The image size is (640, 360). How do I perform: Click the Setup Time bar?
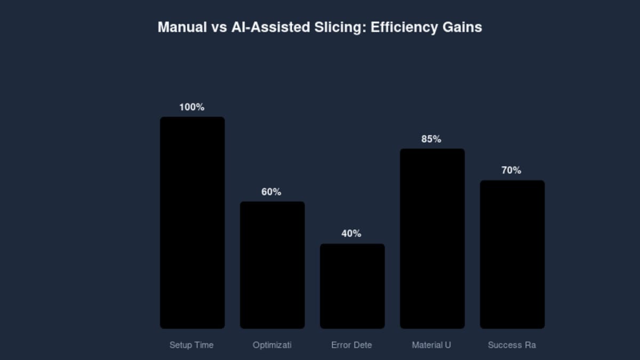coord(192,222)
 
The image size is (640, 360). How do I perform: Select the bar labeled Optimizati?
coord(272,265)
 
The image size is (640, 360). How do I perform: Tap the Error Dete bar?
coord(352,286)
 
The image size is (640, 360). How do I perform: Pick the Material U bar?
coord(432,238)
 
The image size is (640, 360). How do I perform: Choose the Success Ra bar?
coord(512,254)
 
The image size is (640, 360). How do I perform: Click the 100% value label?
coord(192,107)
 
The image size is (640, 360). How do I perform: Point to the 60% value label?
coord(271,192)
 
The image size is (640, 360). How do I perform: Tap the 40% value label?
coord(351,234)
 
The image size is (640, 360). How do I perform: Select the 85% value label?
coord(431,139)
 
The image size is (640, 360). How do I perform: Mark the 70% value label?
coord(511,171)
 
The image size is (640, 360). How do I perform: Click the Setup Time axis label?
coord(191,345)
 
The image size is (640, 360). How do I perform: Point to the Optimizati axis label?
coord(272,345)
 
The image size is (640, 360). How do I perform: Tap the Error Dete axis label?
coord(351,345)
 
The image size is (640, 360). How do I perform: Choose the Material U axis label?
coord(431,345)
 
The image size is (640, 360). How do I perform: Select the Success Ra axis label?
coord(512,345)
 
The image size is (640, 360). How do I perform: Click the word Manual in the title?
coord(182,27)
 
